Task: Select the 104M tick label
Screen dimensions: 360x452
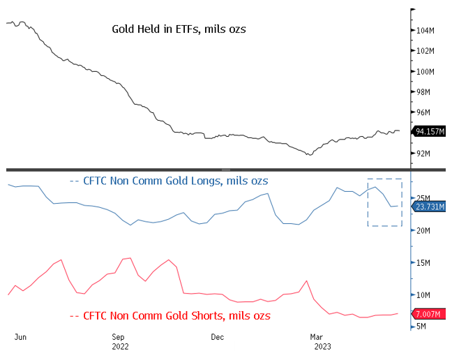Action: click(426, 31)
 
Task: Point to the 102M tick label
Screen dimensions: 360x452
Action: click(426, 51)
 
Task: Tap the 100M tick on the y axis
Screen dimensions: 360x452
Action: click(426, 72)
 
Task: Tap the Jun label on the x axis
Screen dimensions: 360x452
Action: click(20, 336)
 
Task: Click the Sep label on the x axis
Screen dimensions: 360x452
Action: click(119, 336)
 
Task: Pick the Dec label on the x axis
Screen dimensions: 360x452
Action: click(217, 336)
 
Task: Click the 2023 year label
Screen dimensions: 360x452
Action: click(322, 346)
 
